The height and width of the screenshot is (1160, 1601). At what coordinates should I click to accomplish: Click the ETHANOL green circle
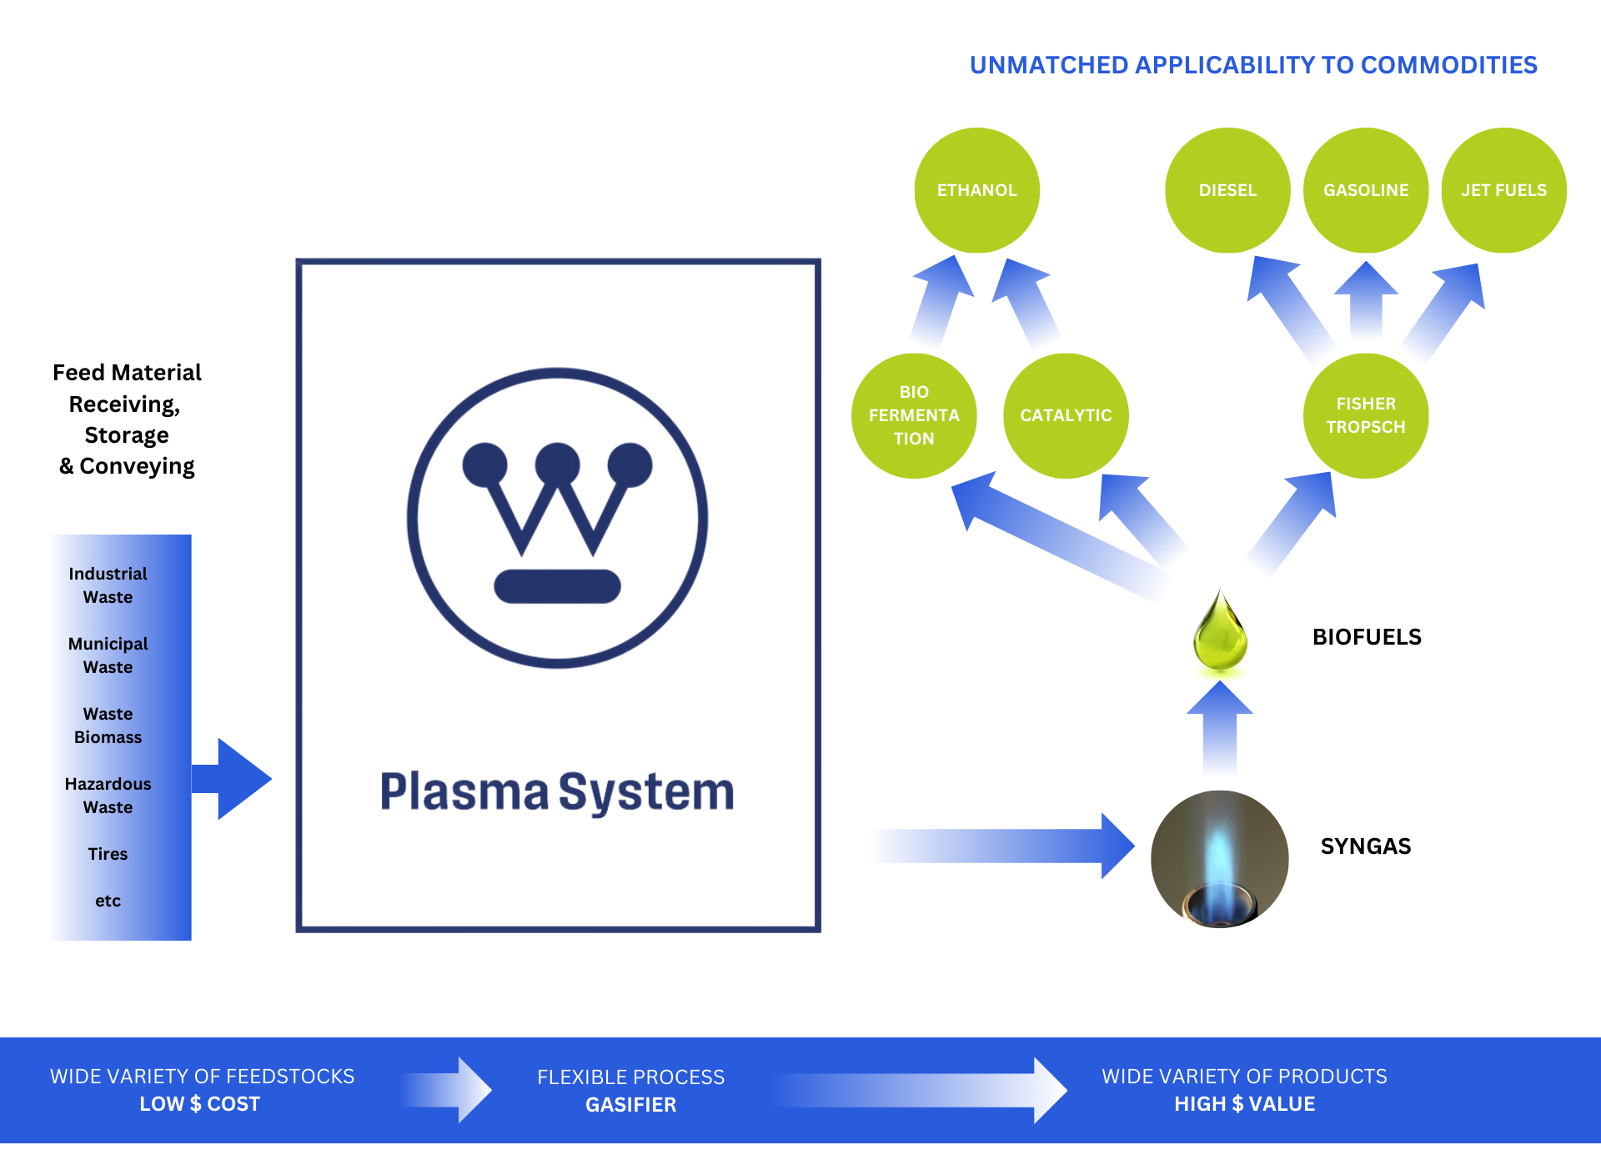[x=976, y=190]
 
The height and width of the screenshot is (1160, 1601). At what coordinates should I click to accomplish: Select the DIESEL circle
[x=1227, y=190]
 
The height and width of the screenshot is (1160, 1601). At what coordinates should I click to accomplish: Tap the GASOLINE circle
[x=1366, y=190]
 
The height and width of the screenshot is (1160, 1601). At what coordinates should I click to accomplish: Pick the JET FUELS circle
[x=1503, y=190]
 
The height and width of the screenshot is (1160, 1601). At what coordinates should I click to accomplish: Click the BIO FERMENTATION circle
[x=914, y=415]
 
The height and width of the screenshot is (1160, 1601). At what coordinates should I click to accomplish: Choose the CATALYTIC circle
[x=1066, y=415]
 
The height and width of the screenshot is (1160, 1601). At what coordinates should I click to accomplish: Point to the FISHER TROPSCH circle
[x=1366, y=415]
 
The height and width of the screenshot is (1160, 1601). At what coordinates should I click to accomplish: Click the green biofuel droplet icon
[x=1220, y=634]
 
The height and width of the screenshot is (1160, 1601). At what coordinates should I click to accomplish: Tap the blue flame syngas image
[x=1219, y=859]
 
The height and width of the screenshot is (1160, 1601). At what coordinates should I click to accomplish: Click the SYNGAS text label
[x=1366, y=846]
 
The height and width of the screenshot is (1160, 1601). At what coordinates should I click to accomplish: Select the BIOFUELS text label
[x=1367, y=637]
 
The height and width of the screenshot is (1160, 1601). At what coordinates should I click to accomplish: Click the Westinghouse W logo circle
[x=557, y=518]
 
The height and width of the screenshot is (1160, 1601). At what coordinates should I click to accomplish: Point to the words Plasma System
[x=557, y=791]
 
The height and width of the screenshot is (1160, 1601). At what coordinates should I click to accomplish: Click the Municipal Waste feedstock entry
[x=108, y=655]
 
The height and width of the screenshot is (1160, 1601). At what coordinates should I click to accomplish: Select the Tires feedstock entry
[x=108, y=854]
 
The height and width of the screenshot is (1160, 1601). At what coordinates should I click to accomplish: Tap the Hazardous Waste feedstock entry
[x=108, y=796]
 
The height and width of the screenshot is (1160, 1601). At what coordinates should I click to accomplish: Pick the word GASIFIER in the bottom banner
[x=630, y=1105]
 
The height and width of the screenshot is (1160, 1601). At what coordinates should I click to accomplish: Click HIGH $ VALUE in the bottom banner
[x=1244, y=1104]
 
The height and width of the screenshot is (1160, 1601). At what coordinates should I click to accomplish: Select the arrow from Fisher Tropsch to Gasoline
[x=1366, y=300]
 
